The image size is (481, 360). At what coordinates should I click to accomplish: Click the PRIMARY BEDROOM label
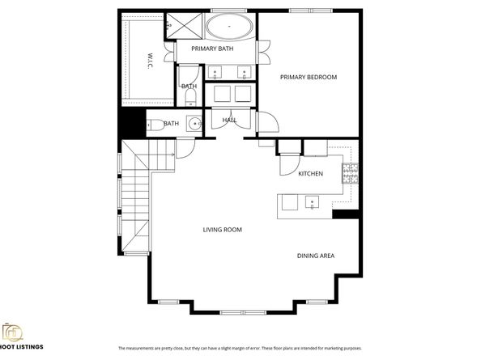point(308,77)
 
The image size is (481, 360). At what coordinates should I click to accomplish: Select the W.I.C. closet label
point(151,61)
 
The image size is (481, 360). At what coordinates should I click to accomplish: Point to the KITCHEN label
point(311,174)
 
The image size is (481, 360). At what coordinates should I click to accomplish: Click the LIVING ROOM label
point(222,230)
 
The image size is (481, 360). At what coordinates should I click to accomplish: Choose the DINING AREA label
point(316,256)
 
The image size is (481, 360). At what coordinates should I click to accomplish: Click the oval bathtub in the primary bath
point(230,27)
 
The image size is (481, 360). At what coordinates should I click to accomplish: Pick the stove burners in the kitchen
point(350,172)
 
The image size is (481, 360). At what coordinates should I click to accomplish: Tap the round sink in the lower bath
point(193,124)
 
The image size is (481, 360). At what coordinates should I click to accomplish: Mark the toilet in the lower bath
point(153,124)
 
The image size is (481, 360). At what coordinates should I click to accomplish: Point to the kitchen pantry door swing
point(288,164)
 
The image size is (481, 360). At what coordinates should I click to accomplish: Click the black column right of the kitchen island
point(346,214)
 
